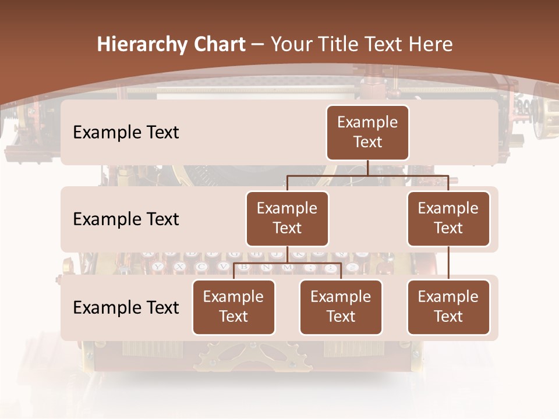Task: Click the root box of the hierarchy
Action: point(367,132)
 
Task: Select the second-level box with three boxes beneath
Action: point(287,218)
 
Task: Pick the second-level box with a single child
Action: point(448,218)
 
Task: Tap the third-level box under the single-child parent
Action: point(448,307)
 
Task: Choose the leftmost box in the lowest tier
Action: point(233,307)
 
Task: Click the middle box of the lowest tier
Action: point(341,307)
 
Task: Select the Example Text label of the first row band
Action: point(126,132)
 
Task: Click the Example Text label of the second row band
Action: point(126,219)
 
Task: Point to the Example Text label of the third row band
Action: point(126,307)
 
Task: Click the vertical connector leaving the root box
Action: point(367,168)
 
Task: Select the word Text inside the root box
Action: point(367,142)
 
